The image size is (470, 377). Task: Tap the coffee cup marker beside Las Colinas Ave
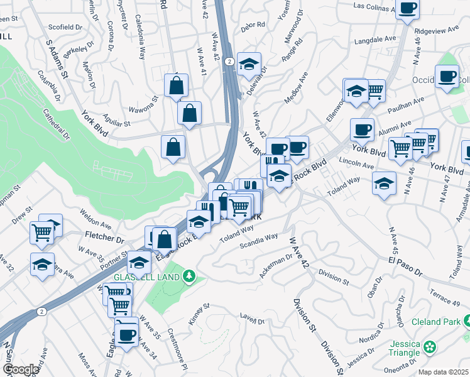click(408, 9)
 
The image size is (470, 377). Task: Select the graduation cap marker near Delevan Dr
click(249, 65)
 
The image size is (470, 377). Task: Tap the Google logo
click(21, 369)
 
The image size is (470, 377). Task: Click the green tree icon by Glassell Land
click(189, 276)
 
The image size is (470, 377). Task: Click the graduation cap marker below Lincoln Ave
click(383, 184)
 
